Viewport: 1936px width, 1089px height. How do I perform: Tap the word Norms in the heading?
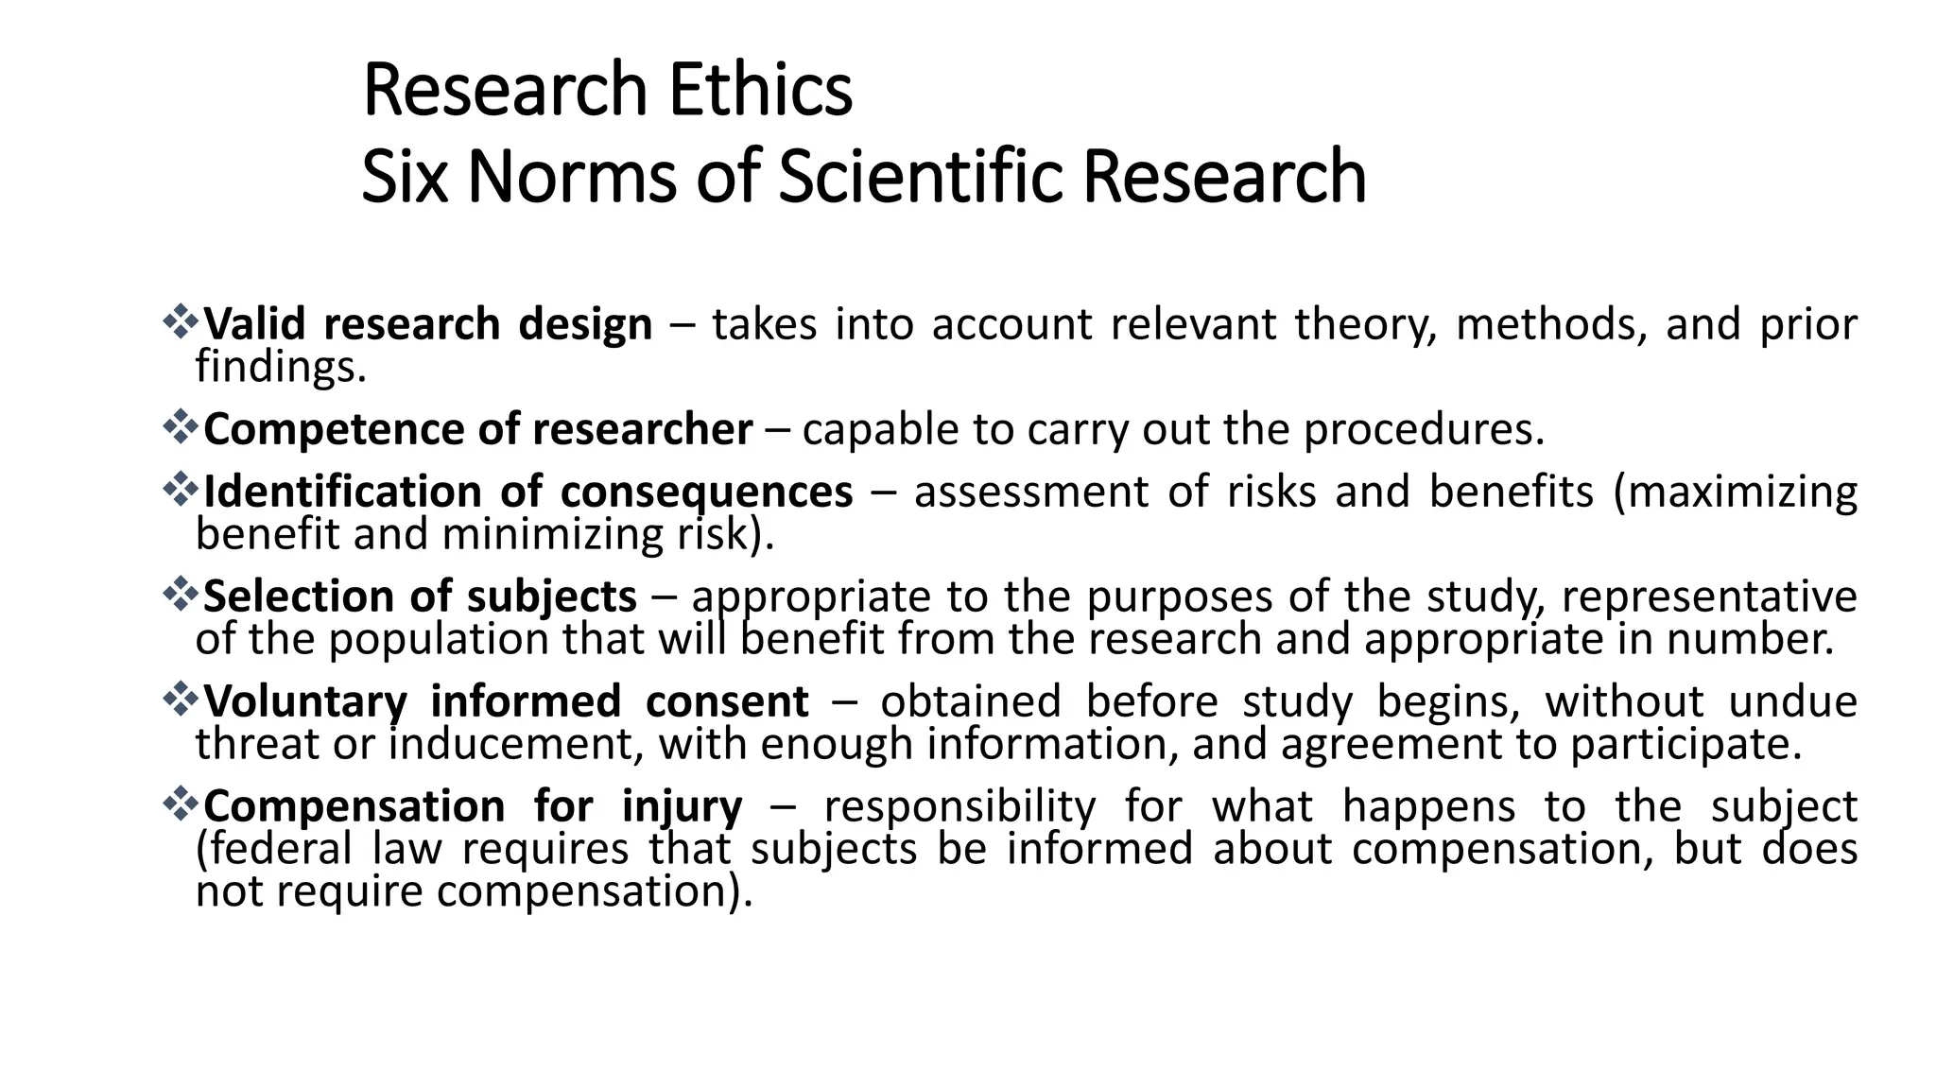click(x=571, y=177)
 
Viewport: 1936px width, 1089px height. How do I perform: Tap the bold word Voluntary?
click(x=304, y=702)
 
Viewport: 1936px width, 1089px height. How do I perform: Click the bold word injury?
click(x=682, y=807)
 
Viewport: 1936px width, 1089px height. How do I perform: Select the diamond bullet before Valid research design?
click(x=178, y=322)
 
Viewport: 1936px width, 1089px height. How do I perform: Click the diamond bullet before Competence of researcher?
click(x=178, y=427)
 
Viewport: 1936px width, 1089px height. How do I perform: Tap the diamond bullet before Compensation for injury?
click(x=178, y=805)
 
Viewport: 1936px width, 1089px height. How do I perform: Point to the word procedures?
click(x=1424, y=430)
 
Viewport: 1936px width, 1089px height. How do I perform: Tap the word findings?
click(x=280, y=367)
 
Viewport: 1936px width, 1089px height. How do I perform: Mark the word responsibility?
click(x=959, y=807)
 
